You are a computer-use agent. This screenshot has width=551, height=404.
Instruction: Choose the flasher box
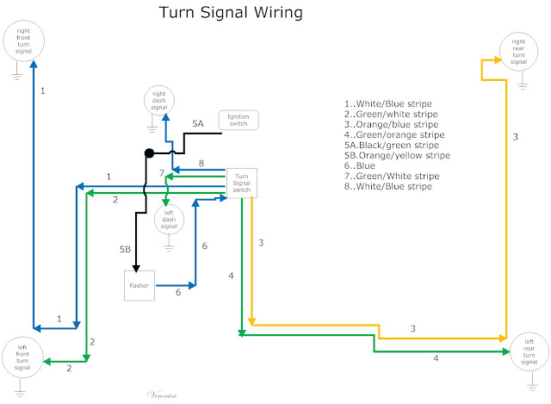(x=139, y=285)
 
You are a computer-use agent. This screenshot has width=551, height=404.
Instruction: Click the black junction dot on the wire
(x=149, y=153)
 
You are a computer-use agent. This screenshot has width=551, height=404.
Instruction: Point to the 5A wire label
(x=197, y=125)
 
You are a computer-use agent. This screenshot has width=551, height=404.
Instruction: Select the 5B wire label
(x=125, y=250)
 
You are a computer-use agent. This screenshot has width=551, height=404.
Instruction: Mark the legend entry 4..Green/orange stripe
(x=394, y=134)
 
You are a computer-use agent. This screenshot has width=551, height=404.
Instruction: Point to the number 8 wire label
(x=200, y=162)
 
